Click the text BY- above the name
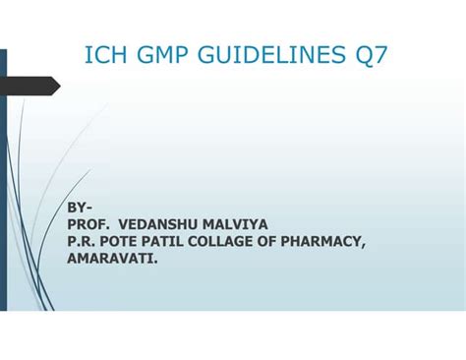point(80,209)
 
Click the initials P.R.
point(81,242)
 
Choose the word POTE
point(122,242)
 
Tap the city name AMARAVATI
point(113,259)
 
